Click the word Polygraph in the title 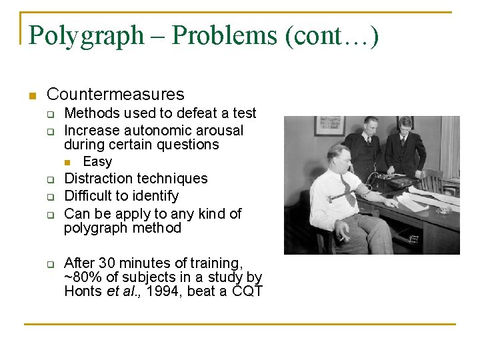[87, 35]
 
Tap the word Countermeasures [115, 95]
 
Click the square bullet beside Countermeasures [31, 95]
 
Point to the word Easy [97, 161]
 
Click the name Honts [83, 291]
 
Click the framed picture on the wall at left [329, 126]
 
